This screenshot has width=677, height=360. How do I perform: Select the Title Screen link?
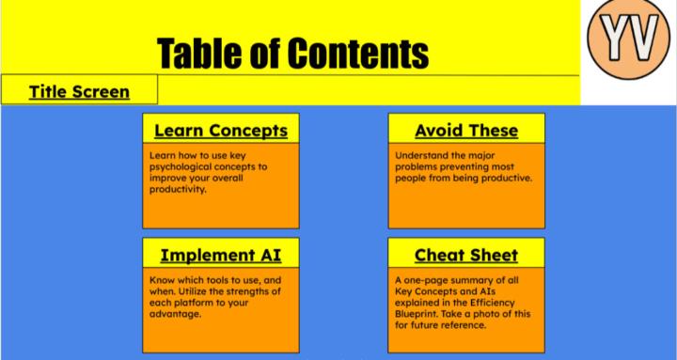click(x=78, y=91)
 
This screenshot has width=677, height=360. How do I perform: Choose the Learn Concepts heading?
click(x=220, y=129)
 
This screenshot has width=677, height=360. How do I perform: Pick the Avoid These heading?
click(x=466, y=129)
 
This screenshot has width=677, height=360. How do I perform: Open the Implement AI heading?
click(x=220, y=255)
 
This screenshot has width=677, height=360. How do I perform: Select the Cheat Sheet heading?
click(x=466, y=255)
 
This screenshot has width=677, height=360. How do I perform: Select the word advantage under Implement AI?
click(x=178, y=314)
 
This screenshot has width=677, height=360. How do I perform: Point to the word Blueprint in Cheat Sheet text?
click(x=420, y=314)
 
